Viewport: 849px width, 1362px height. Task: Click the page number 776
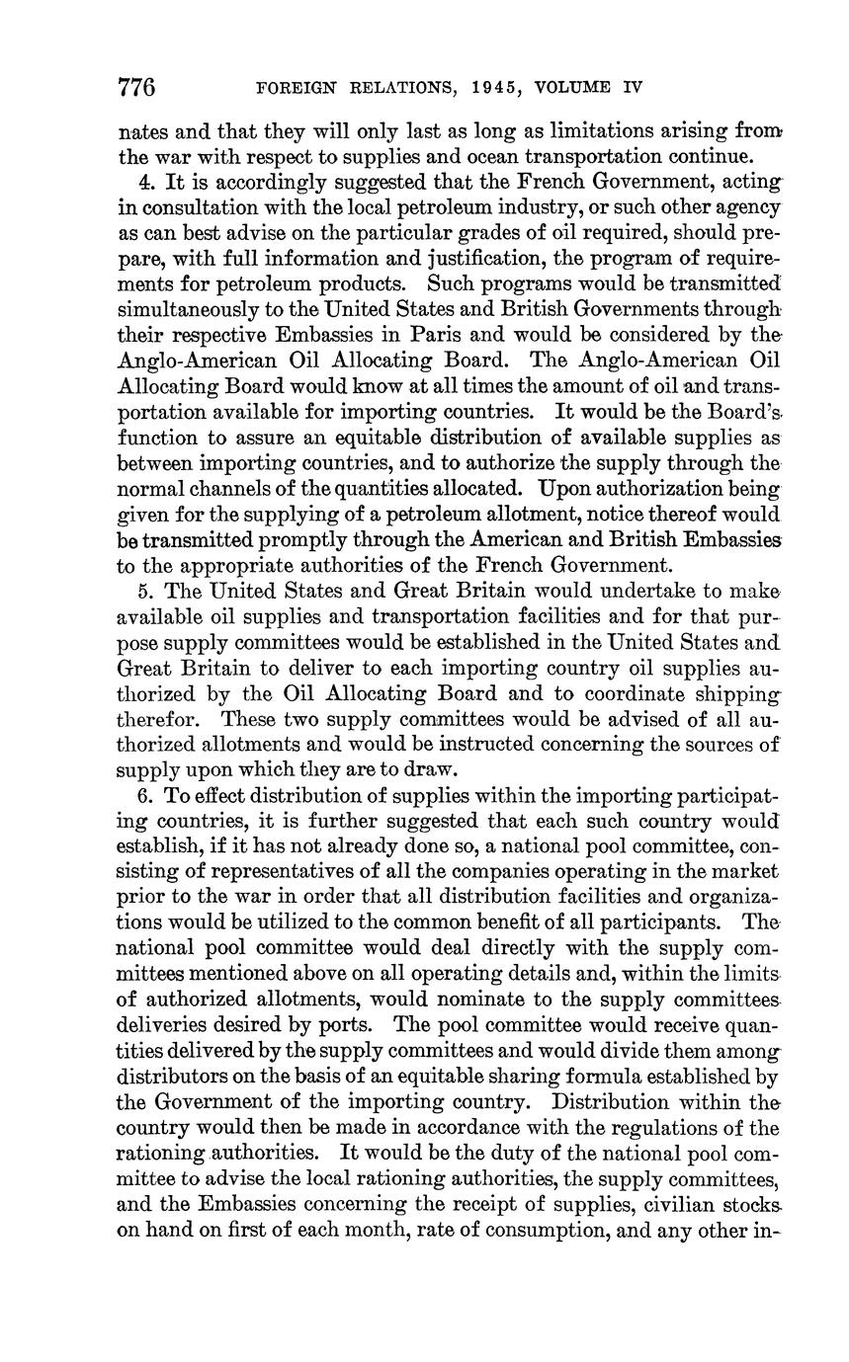pos(137,87)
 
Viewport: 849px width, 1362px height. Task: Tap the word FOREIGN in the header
pos(291,88)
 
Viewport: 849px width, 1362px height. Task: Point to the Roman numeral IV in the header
pos(632,88)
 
